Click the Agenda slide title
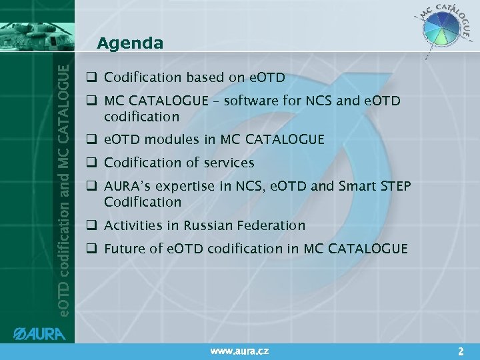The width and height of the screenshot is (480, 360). click(129, 44)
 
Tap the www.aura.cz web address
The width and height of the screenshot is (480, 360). click(239, 350)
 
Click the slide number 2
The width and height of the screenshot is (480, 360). click(461, 350)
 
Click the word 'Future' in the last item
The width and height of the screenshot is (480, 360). click(125, 249)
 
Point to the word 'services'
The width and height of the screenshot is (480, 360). click(230, 163)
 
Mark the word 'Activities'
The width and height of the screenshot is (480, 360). click(132, 225)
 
